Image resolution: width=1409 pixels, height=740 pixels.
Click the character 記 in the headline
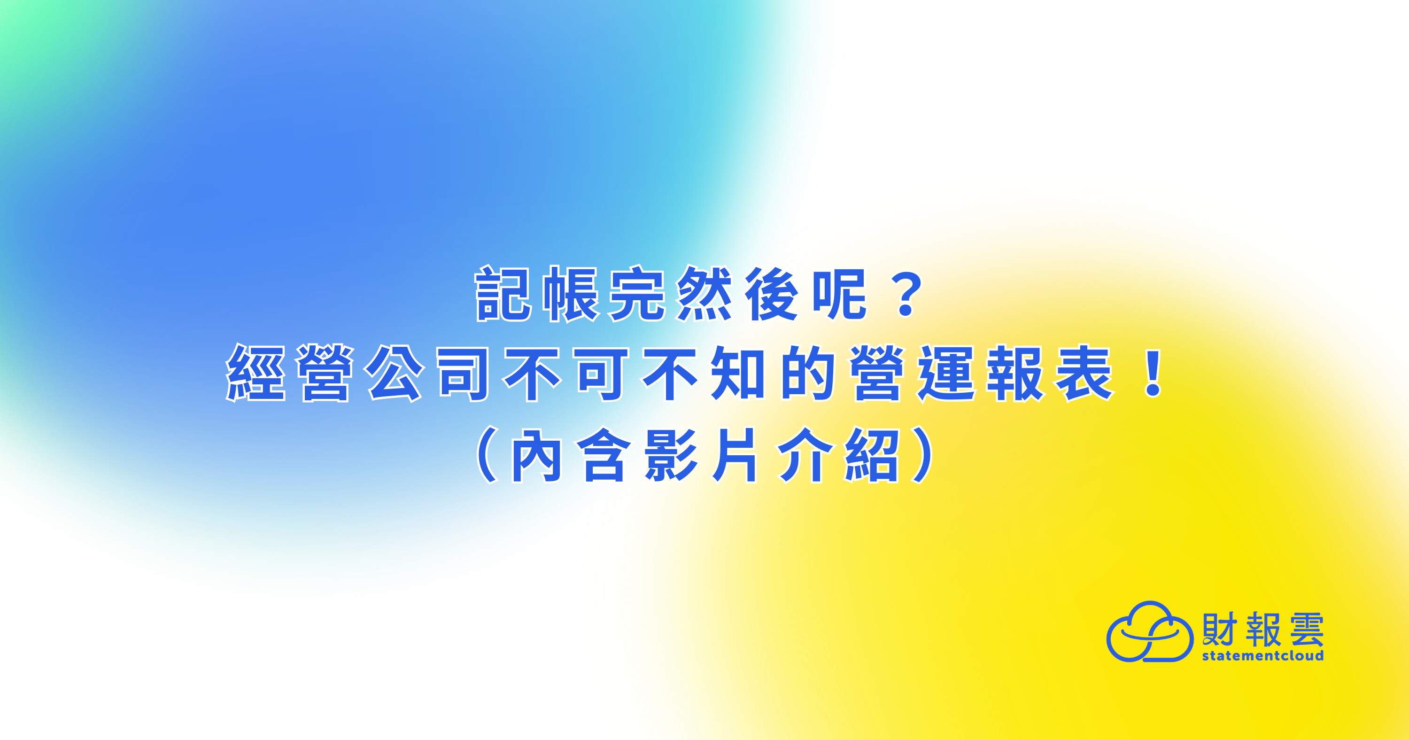503,294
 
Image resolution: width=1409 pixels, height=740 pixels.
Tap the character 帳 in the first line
571,294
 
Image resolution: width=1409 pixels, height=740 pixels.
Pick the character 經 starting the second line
255,373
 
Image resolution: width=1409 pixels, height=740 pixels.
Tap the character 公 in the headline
395,373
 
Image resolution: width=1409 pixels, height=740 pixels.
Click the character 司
463,373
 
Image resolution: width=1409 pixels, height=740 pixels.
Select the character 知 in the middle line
738,373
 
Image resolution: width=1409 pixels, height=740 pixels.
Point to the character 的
807,373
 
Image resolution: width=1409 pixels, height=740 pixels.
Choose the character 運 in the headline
946,373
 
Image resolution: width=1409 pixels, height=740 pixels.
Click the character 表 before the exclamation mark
1084,373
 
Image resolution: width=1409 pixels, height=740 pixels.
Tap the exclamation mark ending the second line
1154,373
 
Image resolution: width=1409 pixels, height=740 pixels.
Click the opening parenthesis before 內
487,454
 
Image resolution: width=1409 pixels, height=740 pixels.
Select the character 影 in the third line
671,454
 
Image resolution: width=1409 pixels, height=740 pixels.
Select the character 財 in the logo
1219,629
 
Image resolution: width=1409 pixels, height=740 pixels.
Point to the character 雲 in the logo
1307,629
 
